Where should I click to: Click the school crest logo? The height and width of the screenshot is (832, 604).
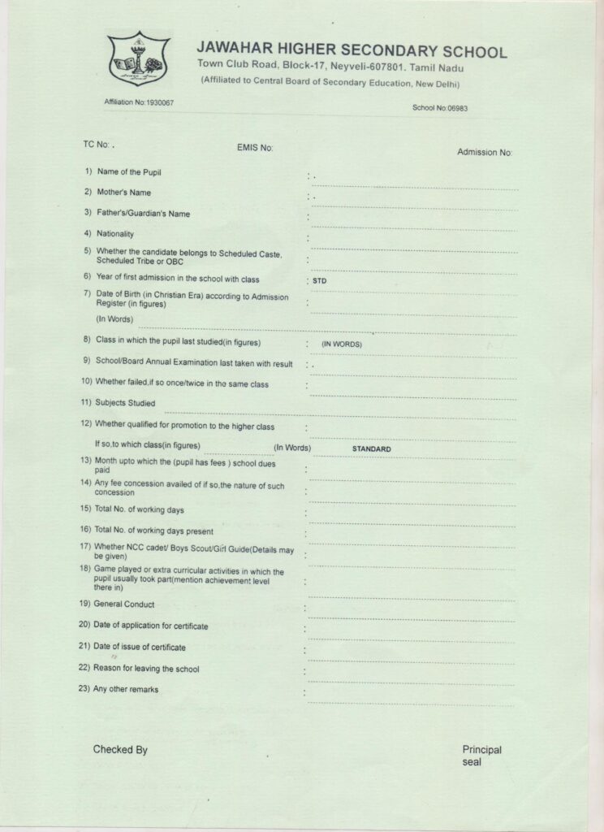138,58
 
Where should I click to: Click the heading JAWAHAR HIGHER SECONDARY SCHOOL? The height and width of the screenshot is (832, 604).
352,51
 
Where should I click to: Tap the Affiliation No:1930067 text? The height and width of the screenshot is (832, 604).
139,102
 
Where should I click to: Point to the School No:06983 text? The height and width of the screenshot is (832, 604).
441,107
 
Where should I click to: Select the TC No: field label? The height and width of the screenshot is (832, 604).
96,144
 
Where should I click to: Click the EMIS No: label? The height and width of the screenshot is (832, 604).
255,148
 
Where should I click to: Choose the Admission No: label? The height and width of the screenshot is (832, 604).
485,152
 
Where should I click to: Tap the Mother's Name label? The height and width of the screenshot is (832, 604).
123,193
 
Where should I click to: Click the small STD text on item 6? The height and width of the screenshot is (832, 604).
319,281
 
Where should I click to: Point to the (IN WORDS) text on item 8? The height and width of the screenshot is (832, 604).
341,344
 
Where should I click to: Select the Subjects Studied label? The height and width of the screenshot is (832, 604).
125,403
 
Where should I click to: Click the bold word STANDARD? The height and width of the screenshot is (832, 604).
372,448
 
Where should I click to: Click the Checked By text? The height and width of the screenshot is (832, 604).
120,750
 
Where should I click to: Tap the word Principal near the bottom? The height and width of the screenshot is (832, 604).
482,750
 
